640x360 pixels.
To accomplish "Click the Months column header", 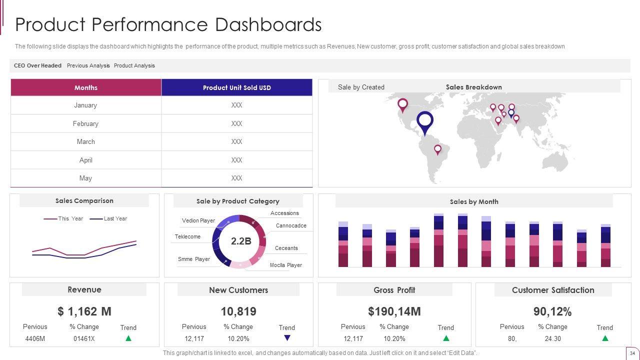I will click(86, 87).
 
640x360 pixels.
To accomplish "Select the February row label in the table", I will click(85, 123).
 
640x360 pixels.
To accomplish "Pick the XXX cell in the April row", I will click(236, 160).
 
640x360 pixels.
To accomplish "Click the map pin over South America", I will click(437, 149).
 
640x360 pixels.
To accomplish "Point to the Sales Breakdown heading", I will click(473, 87).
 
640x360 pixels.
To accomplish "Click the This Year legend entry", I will click(70, 218).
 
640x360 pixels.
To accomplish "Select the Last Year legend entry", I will click(115, 218).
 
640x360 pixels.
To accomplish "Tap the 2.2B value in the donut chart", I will click(240, 241).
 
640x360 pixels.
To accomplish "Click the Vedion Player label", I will click(198, 220).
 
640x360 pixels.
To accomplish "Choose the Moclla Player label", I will click(286, 265).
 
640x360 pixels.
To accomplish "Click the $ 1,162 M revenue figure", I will click(84, 311).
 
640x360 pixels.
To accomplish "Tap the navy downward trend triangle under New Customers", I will click(287, 338).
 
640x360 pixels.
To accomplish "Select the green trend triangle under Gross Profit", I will click(446, 338).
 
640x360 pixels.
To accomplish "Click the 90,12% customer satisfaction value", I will click(552, 311).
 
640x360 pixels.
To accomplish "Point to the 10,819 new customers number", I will click(238, 311).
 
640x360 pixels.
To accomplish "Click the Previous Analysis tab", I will click(88, 65).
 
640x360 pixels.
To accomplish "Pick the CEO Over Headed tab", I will click(37, 65).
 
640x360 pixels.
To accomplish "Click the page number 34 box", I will click(632, 352).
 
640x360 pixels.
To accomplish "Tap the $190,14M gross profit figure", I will click(394, 311).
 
